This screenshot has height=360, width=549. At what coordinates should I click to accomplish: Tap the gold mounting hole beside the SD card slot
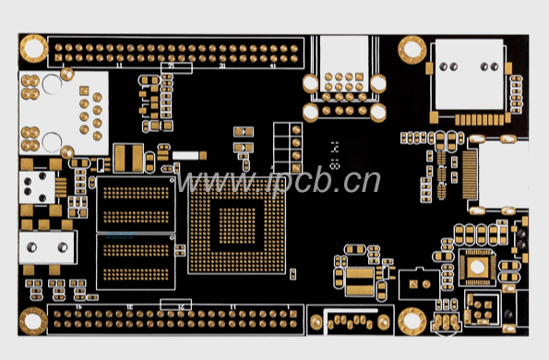coord(412,47)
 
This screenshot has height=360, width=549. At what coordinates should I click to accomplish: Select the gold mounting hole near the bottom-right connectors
coord(411,322)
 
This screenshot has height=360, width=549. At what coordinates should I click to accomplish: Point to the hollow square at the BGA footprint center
coord(237,224)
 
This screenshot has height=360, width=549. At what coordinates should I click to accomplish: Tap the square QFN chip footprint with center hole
coord(477,267)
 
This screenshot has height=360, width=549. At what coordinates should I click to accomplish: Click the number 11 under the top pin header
coord(118,67)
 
